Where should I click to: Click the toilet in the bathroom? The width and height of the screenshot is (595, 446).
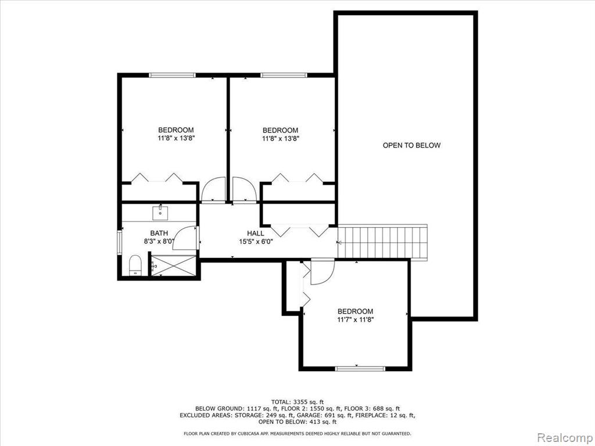click(135, 265)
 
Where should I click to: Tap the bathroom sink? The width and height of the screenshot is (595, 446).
click(160, 213)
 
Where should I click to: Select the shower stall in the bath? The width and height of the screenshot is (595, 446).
click(174, 266)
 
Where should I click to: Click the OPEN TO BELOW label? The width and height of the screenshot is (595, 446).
click(411, 145)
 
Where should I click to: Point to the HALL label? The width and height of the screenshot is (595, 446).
click(256, 233)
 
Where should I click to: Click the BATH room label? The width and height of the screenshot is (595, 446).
click(159, 233)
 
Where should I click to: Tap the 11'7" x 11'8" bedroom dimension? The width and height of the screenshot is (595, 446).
click(356, 320)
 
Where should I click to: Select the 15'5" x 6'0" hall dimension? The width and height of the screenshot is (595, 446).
click(256, 242)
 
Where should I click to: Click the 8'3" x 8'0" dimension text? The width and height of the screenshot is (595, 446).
click(159, 242)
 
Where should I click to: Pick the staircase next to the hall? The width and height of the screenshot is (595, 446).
click(382, 242)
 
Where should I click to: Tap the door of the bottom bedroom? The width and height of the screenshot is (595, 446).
click(322, 271)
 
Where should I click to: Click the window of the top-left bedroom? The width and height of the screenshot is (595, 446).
click(172, 75)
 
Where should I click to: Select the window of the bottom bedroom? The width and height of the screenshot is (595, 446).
click(360, 368)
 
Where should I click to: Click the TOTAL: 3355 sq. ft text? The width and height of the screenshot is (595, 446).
click(297, 402)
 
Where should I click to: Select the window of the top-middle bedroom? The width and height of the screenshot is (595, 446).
click(284, 75)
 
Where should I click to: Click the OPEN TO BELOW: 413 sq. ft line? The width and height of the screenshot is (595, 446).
click(297, 422)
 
